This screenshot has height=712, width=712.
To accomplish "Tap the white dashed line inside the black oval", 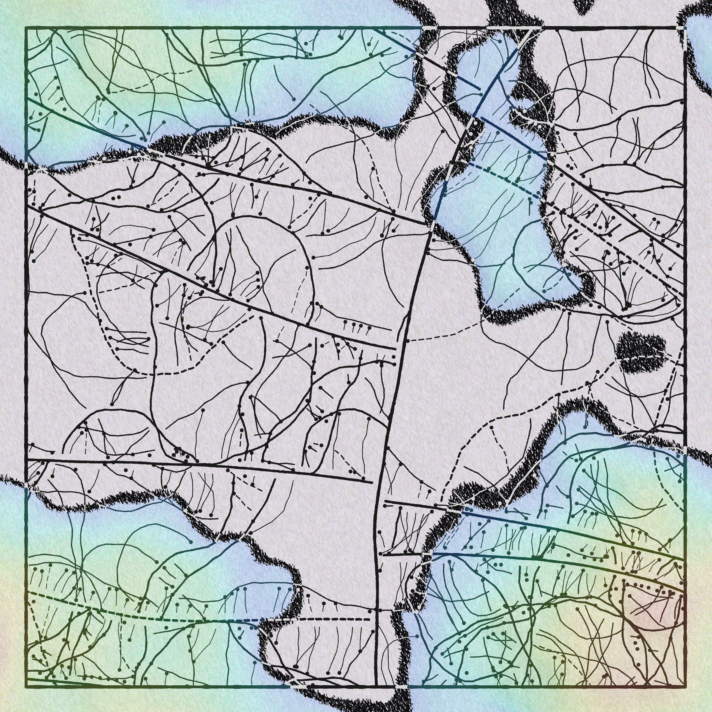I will (x=641, y=357).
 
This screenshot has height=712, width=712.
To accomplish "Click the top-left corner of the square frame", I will (x=26, y=28).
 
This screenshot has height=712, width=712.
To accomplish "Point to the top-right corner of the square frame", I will (x=684, y=28).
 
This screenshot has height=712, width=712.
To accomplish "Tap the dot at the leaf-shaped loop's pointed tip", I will (x=112, y=404).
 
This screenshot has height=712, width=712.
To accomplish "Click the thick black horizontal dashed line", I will (x=324, y=619).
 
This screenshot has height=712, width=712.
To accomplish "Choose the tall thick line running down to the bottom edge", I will (x=383, y=479).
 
